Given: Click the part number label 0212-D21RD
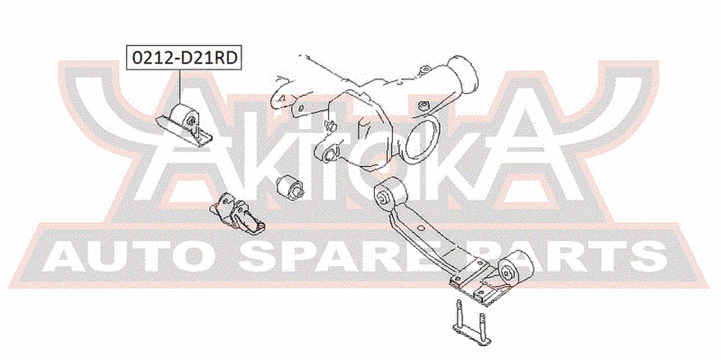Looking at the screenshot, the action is coord(184,58).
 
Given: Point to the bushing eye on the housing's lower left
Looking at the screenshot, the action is coord(330,153).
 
